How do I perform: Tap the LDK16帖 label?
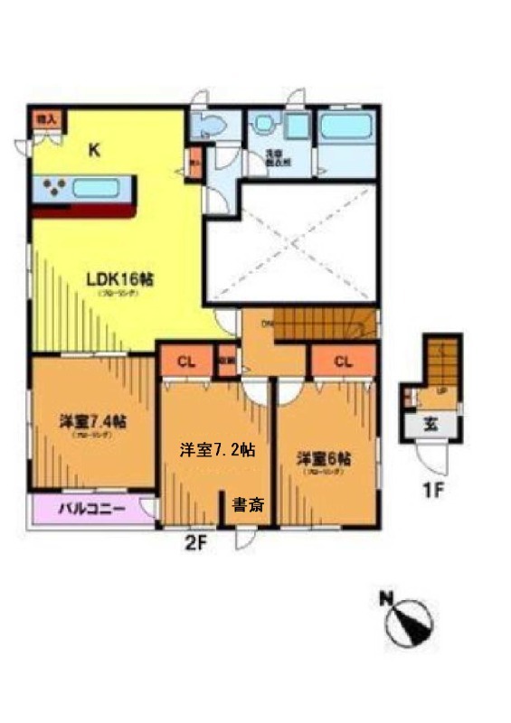coord(119,279)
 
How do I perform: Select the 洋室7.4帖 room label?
coord(93,422)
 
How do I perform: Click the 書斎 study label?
coord(248,505)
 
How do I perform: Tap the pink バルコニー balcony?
coord(90,508)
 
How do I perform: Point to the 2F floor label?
coord(195,545)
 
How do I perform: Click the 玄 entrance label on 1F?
coord(431,425)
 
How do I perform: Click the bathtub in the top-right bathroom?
coord(346,127)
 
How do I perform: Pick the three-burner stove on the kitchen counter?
coord(51,189)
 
